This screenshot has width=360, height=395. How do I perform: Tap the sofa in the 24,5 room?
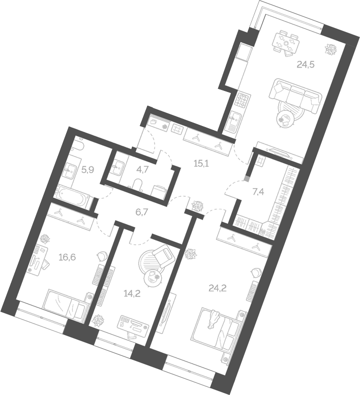[297, 95]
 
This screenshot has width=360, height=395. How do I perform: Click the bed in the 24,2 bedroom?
[216, 325]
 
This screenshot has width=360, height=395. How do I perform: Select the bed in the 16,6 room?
[66, 303]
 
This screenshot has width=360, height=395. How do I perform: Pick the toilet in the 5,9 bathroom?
[78, 147]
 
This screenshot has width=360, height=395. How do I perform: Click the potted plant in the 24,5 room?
[331, 50]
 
